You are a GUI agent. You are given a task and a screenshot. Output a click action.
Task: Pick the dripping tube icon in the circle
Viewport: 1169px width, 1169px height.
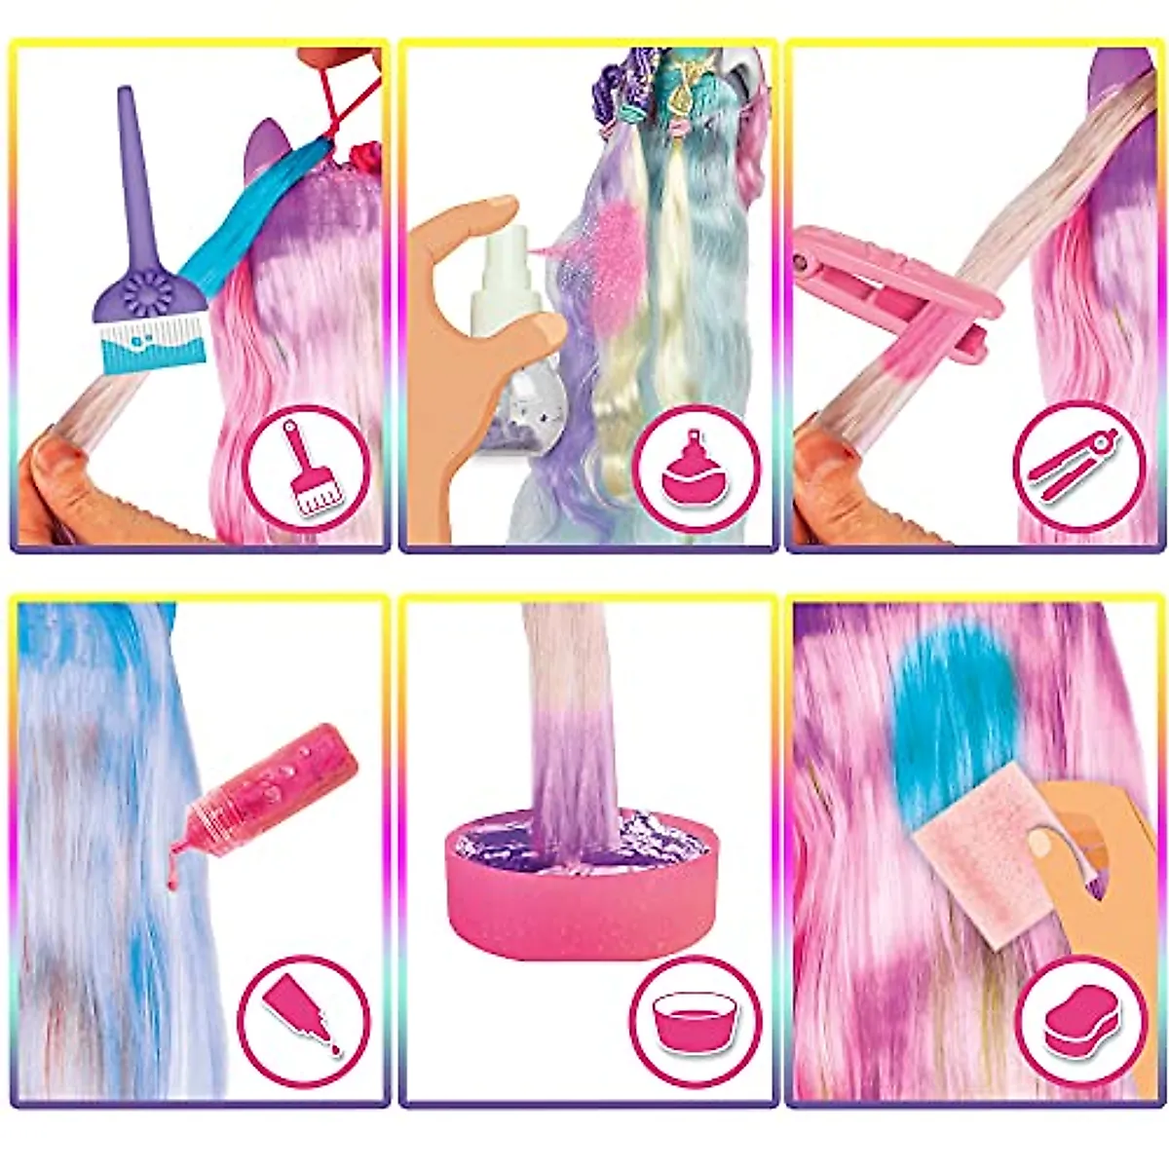tap(303, 1022)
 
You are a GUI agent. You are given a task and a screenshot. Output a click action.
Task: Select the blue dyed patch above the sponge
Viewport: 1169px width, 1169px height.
tap(940, 721)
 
